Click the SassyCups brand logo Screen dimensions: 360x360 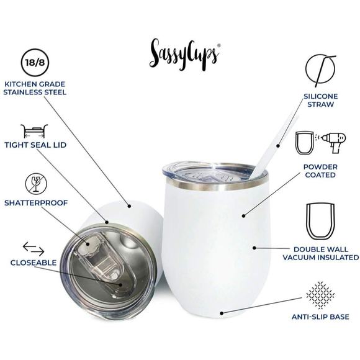pyautogui.click(x=184, y=53)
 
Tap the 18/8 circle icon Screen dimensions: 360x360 pyautogui.click(x=34, y=63)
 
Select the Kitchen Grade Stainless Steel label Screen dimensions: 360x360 pyautogui.click(x=35, y=88)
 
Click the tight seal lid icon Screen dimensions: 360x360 pyautogui.click(x=35, y=131)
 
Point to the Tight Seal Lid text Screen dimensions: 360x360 pyautogui.click(x=35, y=145)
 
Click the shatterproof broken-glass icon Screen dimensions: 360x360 pyautogui.click(x=34, y=184)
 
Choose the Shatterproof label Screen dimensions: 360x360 pyautogui.click(x=35, y=202)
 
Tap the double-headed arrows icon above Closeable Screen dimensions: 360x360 pyautogui.click(x=34, y=249)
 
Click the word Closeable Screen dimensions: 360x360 pyautogui.click(x=34, y=263)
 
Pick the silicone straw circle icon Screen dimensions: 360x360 pyautogui.click(x=320, y=70)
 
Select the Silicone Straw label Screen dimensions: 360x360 pyautogui.click(x=320, y=101)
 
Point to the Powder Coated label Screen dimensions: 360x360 pyautogui.click(x=320, y=171)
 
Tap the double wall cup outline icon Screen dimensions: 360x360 pyautogui.click(x=320, y=220)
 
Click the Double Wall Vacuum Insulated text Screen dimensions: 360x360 pyautogui.click(x=320, y=253)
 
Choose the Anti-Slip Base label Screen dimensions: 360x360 pyautogui.click(x=320, y=317)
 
